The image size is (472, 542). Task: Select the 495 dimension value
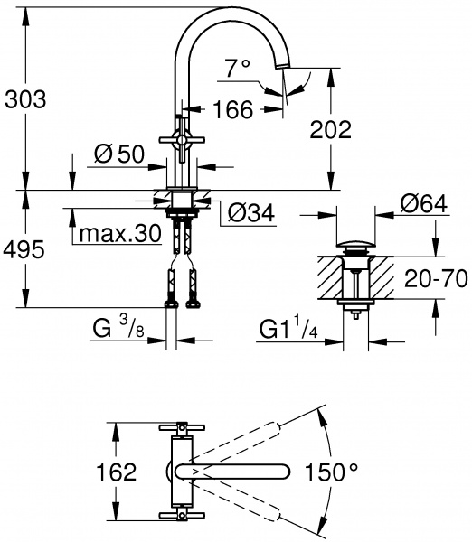pos(25,250)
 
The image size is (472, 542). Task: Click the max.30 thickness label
pos(120,234)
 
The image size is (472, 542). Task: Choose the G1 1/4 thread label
pos(288,327)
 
